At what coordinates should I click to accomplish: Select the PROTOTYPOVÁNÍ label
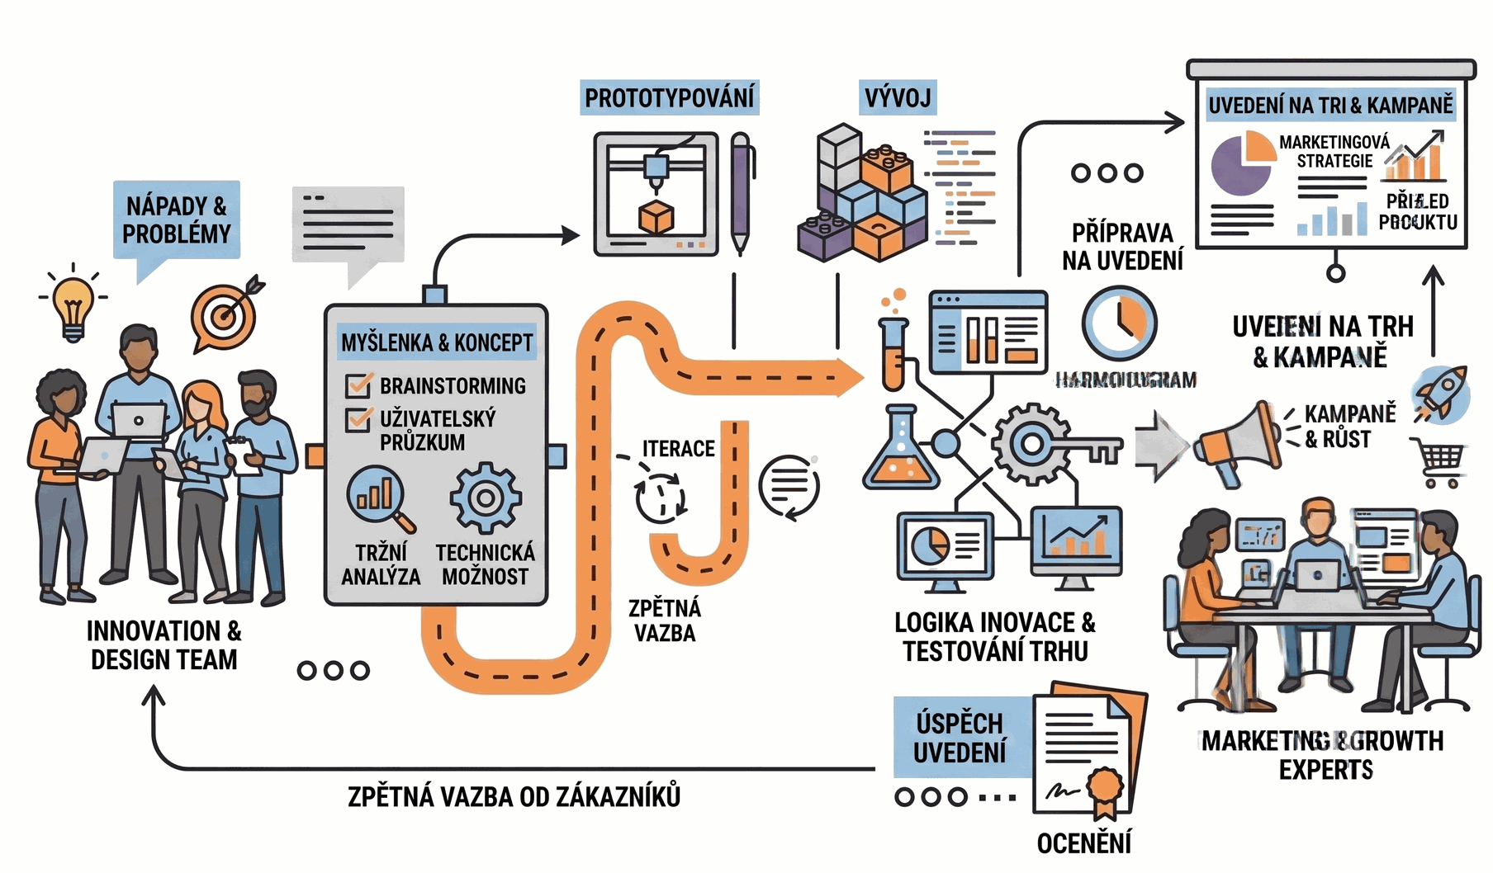point(669,98)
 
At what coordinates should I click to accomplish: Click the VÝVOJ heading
point(897,98)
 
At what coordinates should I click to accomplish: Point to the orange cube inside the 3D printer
point(656,217)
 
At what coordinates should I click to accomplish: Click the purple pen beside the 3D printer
point(741,194)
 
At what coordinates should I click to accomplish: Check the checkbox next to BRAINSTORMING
point(358,385)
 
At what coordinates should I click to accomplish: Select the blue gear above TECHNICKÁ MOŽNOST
point(486,498)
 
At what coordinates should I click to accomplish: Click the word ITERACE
point(678,449)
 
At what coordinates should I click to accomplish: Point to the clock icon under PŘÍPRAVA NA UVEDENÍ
point(1119,323)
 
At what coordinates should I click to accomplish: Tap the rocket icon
point(1441,394)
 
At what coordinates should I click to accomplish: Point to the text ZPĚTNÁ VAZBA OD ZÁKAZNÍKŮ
point(514,797)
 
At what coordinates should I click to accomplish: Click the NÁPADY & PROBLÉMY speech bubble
point(176,220)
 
